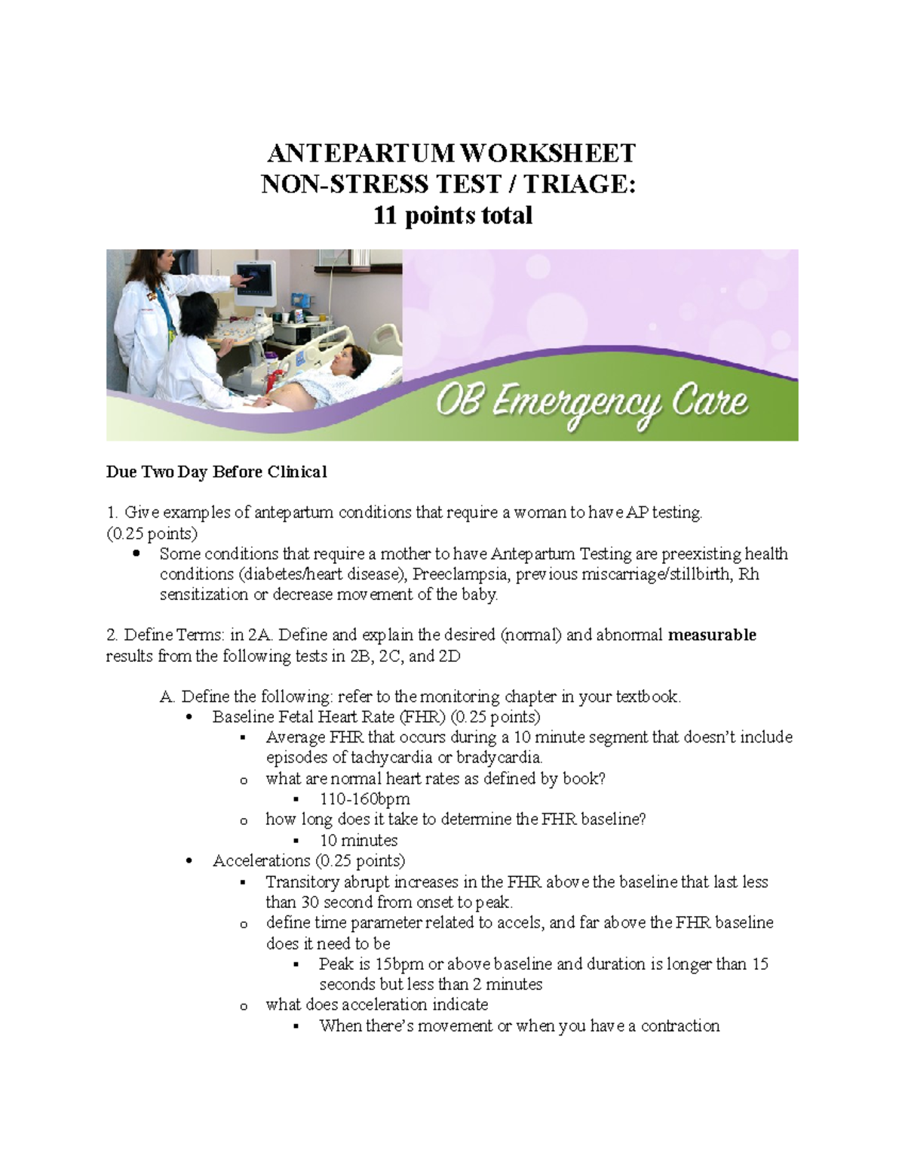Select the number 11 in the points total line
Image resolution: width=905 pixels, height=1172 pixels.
pos(387,216)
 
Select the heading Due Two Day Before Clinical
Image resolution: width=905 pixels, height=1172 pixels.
pos(216,472)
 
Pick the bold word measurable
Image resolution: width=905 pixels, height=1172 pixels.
pos(712,635)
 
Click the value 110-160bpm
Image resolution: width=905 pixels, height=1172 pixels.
pos(365,798)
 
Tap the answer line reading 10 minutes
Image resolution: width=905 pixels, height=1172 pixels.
pos(358,840)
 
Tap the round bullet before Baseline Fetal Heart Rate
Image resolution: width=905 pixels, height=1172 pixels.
pos(189,718)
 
